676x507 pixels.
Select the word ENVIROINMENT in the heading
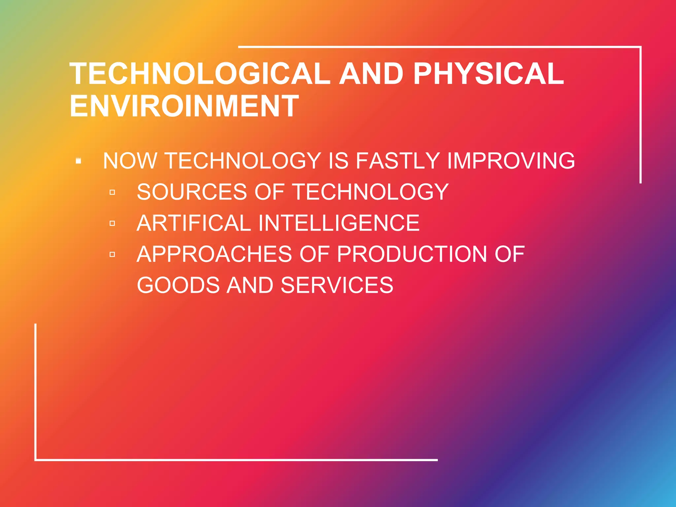click(x=184, y=106)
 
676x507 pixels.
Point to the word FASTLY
click(x=398, y=161)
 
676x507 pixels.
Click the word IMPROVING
click(x=511, y=161)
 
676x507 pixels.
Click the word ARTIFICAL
click(x=194, y=223)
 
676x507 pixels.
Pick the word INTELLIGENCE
click(x=339, y=223)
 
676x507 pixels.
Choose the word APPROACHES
click(x=215, y=254)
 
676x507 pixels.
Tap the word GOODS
click(x=178, y=285)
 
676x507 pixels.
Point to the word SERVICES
click(x=337, y=285)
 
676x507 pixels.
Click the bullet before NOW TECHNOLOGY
click(x=79, y=161)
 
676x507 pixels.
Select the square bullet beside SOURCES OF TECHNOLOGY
click(x=112, y=192)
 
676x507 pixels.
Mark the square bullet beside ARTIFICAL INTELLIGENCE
click(x=112, y=223)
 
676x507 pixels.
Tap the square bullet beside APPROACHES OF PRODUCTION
click(x=112, y=254)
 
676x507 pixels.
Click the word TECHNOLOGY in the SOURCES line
click(x=371, y=192)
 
